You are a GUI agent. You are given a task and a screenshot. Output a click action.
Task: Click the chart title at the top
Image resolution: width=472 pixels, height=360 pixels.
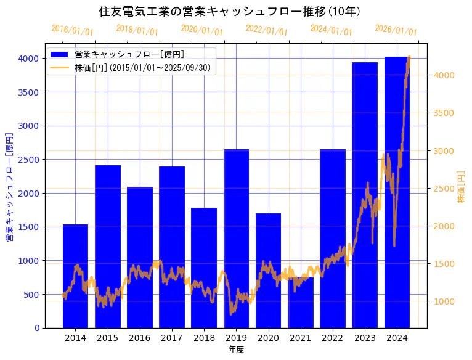[230, 11]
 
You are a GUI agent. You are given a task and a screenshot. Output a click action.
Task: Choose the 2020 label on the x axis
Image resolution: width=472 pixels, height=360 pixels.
[269, 338]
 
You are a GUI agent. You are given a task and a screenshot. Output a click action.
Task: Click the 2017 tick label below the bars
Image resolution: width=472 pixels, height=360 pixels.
[172, 338]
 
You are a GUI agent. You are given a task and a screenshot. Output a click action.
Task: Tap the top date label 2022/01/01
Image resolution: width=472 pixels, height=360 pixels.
[266, 30]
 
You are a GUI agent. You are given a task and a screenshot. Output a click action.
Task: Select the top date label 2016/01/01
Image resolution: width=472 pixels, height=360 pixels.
[72, 30]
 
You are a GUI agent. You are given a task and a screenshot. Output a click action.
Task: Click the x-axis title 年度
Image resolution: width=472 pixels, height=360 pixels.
[236, 350]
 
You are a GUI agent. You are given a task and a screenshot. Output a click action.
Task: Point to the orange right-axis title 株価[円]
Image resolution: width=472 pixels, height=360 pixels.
[461, 187]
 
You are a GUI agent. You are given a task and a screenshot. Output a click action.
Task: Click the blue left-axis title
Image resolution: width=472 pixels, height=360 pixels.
[9, 187]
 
